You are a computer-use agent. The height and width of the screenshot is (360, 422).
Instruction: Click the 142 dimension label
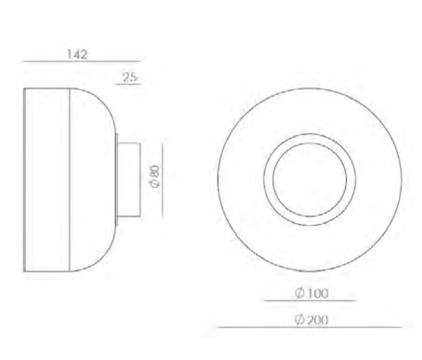tap(77, 54)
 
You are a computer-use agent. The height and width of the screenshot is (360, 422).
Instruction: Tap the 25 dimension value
tap(130, 78)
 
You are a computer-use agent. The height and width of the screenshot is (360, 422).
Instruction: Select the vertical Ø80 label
tap(155, 176)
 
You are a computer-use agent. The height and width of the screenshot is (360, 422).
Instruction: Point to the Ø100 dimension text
tap(312, 293)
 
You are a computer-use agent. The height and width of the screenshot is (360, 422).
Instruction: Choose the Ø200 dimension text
tap(312, 320)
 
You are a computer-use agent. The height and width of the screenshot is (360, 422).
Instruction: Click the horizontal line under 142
tap(82, 62)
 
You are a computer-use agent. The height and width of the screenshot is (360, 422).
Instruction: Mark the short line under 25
tap(128, 84)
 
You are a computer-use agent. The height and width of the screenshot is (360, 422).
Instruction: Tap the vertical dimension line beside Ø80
tap(163, 180)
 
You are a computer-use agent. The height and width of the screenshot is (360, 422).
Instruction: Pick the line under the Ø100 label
tap(310, 300)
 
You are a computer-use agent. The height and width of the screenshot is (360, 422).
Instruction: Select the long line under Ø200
tap(309, 328)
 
